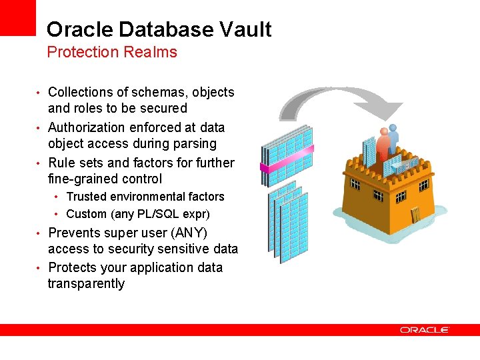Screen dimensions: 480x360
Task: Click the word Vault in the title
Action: point(246,29)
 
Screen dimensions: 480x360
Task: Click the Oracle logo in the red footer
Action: point(425,329)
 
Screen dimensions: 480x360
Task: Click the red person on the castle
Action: point(383,144)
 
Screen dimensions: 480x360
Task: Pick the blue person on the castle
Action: point(393,138)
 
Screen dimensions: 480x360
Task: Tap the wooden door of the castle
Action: point(416,215)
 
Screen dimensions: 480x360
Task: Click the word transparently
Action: point(86,283)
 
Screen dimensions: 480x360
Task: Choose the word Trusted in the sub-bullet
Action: point(85,197)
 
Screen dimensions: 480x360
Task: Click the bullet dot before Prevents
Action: point(40,233)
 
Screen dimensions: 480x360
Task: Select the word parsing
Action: point(193,143)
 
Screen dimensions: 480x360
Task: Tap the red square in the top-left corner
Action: point(17,17)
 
